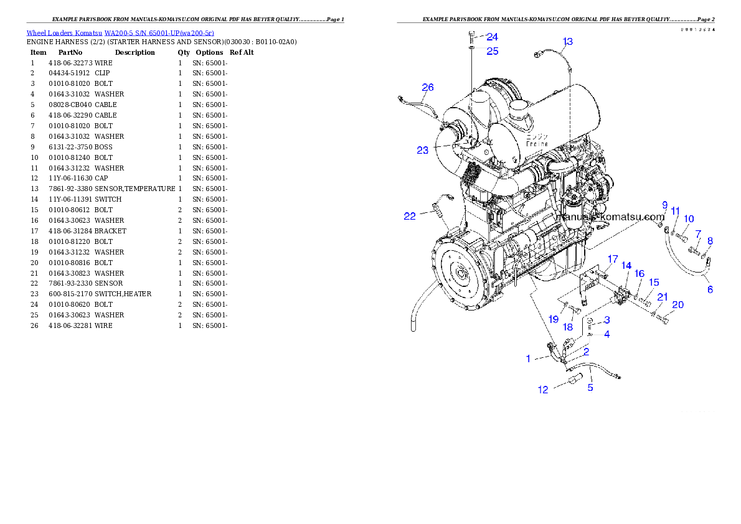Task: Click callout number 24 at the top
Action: coord(492,37)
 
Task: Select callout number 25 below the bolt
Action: coord(492,51)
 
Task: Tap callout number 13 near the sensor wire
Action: coord(567,42)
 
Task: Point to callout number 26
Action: coord(427,88)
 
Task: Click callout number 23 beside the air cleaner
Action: coord(423,150)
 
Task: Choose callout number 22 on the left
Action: coord(410,217)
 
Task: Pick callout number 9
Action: coord(664,205)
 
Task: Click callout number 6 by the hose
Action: coord(710,289)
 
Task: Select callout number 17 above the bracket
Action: coord(613,260)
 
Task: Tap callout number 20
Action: coord(677,305)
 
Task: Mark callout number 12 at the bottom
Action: coord(543,390)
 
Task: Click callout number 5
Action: coord(590,388)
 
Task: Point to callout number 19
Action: coord(554,319)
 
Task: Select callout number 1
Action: coord(528,358)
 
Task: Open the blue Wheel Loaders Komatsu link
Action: coord(120,33)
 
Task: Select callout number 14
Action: coord(626,266)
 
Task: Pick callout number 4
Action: coord(606,334)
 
